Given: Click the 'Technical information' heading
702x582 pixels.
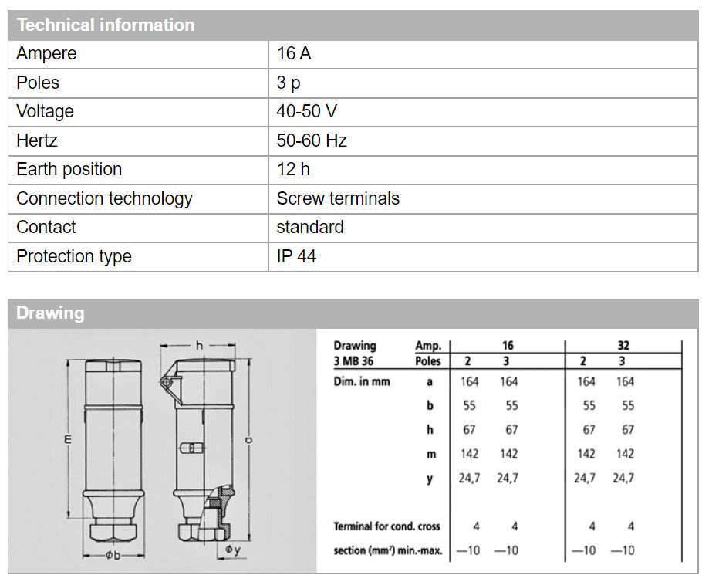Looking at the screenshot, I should pyautogui.click(x=106, y=25).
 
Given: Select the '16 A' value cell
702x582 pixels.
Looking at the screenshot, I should pyautogui.click(x=294, y=54).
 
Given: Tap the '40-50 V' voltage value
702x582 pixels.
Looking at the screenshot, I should pyautogui.click(x=306, y=111).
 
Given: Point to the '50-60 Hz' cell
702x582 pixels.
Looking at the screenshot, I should pyautogui.click(x=312, y=140).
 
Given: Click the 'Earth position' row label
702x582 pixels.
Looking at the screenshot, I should pyautogui.click(x=69, y=169).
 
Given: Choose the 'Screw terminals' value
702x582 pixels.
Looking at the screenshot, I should pyautogui.click(x=338, y=198).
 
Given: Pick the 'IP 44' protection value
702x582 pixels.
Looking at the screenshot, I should pyautogui.click(x=296, y=256).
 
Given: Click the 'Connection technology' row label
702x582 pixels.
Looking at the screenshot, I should pyautogui.click(x=104, y=198).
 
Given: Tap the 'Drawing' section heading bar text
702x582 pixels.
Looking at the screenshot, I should pyautogui.click(x=50, y=313).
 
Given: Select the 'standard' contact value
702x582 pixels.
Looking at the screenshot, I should pyautogui.click(x=310, y=227).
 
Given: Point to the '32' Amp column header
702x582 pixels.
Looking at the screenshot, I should pyautogui.click(x=603, y=346).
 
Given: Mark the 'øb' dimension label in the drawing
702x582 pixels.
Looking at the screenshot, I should pyautogui.click(x=113, y=556).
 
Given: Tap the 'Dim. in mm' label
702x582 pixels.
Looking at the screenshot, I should pyautogui.click(x=362, y=381).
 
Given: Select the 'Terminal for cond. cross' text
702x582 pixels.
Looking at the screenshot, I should pyautogui.click(x=386, y=526).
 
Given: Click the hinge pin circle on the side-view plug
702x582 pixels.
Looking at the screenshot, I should pyautogui.click(x=166, y=382).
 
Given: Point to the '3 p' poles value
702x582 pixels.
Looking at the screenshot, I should pyautogui.click(x=289, y=83).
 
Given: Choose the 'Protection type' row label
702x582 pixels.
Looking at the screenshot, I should pyautogui.click(x=73, y=256).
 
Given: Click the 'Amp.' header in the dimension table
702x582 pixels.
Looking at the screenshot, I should pyautogui.click(x=428, y=347).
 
